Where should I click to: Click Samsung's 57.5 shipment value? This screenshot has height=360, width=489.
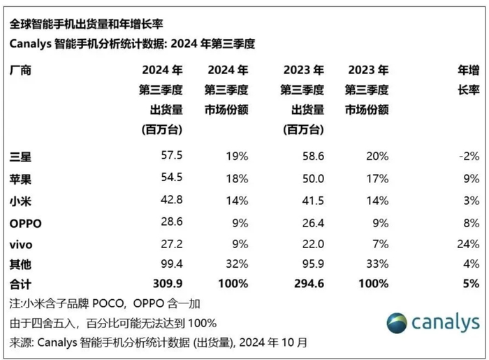pyautogui.click(x=172, y=155)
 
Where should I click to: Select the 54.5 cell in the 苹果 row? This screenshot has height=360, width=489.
pyautogui.click(x=172, y=177)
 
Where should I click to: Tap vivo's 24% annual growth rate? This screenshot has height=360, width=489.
pyautogui.click(x=468, y=244)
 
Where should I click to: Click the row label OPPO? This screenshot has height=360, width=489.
pyautogui.click(x=26, y=224)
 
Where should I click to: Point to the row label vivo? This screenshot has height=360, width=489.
pyautogui.click(x=21, y=245)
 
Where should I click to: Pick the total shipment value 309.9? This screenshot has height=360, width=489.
pyautogui.click(x=168, y=284)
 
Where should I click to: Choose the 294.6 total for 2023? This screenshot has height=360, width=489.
pyautogui.click(x=309, y=284)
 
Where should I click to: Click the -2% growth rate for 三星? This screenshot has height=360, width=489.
pyautogui.click(x=469, y=156)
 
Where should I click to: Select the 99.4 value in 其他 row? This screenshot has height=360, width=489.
pyautogui.click(x=172, y=264)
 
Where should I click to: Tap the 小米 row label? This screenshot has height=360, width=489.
pyautogui.click(x=20, y=201)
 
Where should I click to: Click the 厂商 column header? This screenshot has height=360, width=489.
pyautogui.click(x=20, y=70)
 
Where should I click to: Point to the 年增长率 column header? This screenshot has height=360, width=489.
pyautogui.click(x=469, y=80)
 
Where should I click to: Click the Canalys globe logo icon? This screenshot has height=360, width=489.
pyautogui.click(x=397, y=323)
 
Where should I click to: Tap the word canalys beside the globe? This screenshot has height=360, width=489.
pyautogui.click(x=446, y=322)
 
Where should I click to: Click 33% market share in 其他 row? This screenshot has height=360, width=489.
pyautogui.click(x=377, y=264)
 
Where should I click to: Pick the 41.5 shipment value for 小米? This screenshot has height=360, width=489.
pyautogui.click(x=313, y=201)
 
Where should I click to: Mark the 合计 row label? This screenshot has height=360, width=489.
pyautogui.click(x=20, y=285)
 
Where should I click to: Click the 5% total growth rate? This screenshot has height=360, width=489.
pyautogui.click(x=472, y=284)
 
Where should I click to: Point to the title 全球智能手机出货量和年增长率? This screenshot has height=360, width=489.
pyautogui.click(x=87, y=24)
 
